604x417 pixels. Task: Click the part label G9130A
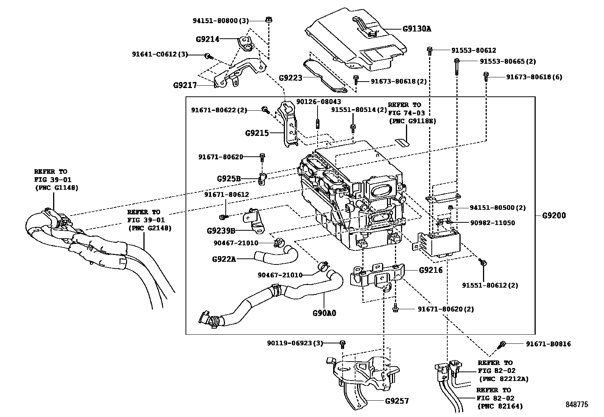[x=417, y=28]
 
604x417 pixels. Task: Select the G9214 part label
[x=208, y=39]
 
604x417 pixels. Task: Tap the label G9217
[x=185, y=85]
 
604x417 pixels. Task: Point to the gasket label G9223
[x=291, y=78]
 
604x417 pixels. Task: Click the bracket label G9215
[x=257, y=133]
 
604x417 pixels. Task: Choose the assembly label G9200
[x=554, y=216]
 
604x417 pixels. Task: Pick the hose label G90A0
[x=324, y=313]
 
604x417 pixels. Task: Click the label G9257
[x=397, y=401]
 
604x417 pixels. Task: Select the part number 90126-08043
[x=313, y=102]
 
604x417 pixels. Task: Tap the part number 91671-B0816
[x=548, y=344]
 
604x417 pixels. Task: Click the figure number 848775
[x=576, y=404]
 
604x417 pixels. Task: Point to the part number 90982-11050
[x=492, y=223]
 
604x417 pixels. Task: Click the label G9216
[x=431, y=270]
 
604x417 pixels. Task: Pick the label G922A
[x=224, y=259]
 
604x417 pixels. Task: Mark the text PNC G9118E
[x=413, y=121]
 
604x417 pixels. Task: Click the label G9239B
[x=221, y=230]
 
